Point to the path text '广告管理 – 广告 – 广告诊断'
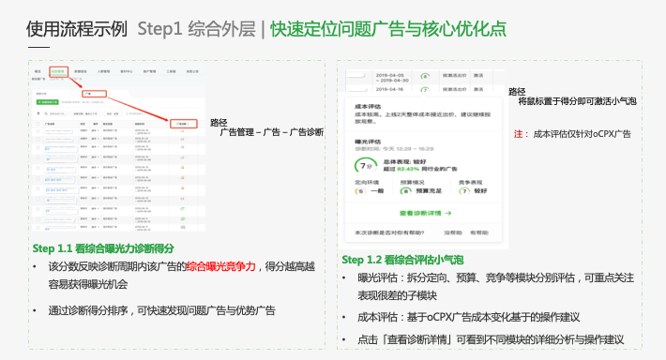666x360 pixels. point(271,132)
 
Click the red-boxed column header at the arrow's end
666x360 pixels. point(185,123)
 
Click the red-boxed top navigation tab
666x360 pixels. point(58,71)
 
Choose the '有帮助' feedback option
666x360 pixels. point(478,231)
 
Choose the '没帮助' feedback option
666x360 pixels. point(452,231)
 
